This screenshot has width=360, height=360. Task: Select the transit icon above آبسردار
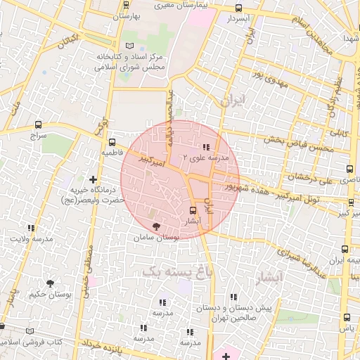click(238, 8)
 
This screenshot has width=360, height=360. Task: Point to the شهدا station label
click(349, 37)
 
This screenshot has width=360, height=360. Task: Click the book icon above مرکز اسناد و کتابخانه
click(129, 45)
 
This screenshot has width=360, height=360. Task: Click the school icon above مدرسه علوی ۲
click(205, 147)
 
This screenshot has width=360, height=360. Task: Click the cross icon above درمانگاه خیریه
click(94, 179)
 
